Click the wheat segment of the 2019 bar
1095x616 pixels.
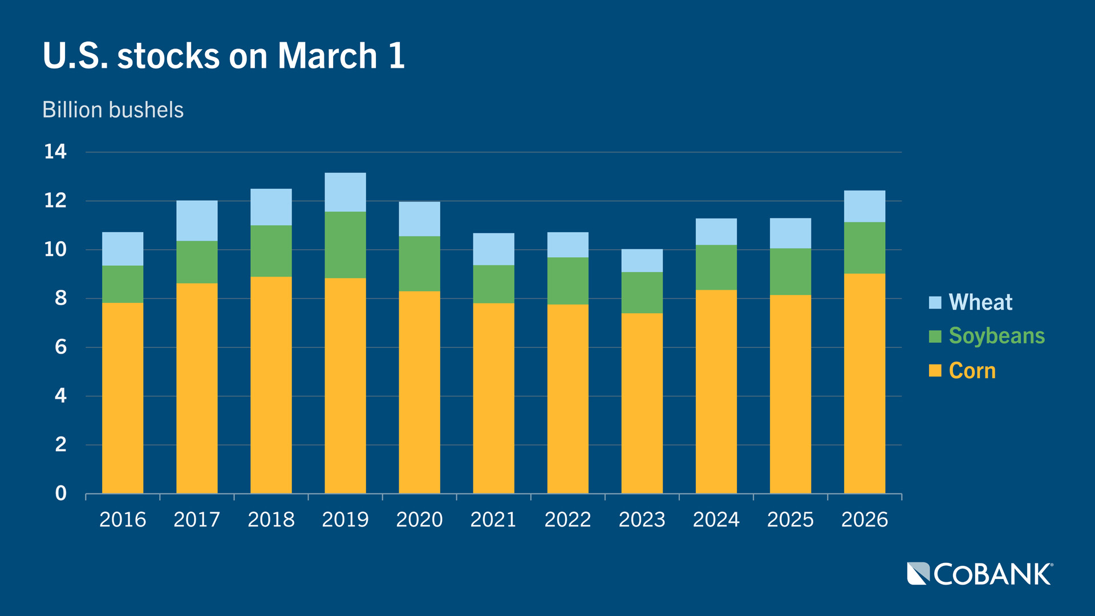point(345,192)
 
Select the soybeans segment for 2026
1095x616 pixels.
point(864,248)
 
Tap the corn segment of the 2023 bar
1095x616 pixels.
point(642,403)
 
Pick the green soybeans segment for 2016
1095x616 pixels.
point(123,284)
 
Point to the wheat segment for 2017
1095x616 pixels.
point(197,221)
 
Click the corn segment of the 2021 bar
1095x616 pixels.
point(493,398)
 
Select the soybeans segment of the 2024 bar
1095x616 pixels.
point(716,267)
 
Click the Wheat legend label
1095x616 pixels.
point(980,302)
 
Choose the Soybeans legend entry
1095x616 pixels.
point(996,336)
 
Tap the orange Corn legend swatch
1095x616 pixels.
point(935,371)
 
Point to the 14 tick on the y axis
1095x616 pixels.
point(55,152)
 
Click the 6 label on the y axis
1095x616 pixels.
point(60,347)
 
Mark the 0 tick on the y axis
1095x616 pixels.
point(60,493)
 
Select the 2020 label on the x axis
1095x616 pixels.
point(419,520)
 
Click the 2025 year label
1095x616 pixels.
point(790,520)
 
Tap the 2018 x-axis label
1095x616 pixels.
point(271,520)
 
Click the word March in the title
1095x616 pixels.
point(327,56)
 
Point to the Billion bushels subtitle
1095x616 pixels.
point(113,110)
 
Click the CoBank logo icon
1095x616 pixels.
point(918,574)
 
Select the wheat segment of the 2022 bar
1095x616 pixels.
point(567,245)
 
